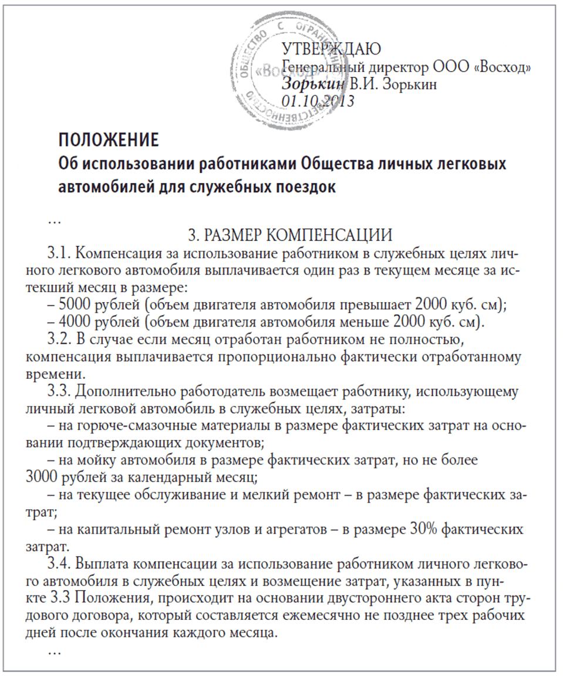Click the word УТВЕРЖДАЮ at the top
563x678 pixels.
pyautogui.click(x=332, y=49)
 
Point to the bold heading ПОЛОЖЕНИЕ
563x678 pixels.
pyautogui.click(x=109, y=141)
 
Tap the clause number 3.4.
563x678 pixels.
pyautogui.click(x=59, y=564)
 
